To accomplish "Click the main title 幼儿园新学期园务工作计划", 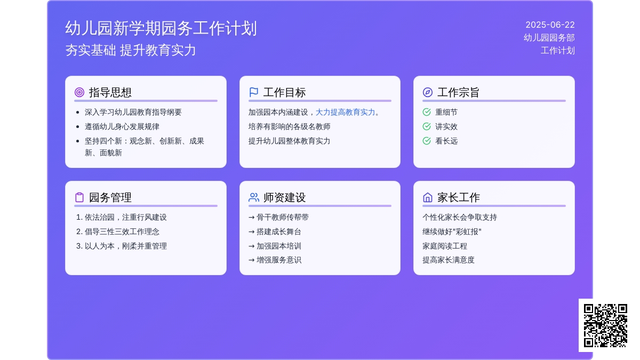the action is pos(161,28).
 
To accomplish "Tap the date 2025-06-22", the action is pos(550,25).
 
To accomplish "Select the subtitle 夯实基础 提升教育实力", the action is pos(131,50).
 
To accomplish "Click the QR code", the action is pos(605,325).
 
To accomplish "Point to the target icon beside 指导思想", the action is pos(79,92).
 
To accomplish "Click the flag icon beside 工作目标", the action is pos(253,92).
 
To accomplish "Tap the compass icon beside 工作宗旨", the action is pos(427,92).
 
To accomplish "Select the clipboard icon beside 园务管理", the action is pos(79,197).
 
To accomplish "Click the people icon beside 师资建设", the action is pos(254,197).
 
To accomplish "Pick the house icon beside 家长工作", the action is pos(427,197).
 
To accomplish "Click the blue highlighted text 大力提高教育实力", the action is pos(345,113).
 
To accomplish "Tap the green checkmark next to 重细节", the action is pos(427,112).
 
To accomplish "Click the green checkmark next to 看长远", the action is pos(427,141).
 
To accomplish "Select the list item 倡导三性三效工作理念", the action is pos(122,231).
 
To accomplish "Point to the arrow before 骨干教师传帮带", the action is pos(251,218).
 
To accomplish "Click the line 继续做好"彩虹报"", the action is pos(452,231).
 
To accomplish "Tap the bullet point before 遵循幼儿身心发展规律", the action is pos(78,126).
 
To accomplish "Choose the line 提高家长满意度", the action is pos(449,260).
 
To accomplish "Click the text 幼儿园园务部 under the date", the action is pos(549,38).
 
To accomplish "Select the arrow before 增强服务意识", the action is pos(251,260).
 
